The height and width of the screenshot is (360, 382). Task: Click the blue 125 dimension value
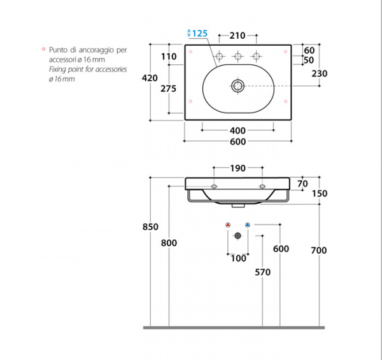point(200,33)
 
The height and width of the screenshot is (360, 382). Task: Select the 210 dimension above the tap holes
point(237,36)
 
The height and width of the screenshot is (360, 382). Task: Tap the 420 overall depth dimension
point(150,78)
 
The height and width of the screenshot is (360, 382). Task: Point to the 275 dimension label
point(168,88)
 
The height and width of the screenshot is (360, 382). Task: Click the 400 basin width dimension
point(237,131)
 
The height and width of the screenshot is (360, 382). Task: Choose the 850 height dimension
point(150,227)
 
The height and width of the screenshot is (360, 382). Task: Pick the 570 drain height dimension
point(262,272)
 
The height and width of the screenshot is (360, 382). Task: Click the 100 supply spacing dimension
point(238,258)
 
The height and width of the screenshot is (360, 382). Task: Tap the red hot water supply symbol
point(228,225)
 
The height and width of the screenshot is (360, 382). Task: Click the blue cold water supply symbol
point(248,225)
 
